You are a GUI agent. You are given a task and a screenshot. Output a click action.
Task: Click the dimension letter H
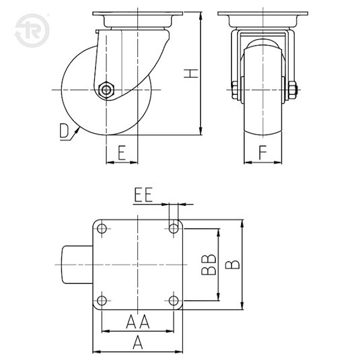pyautogui.click(x=191, y=73)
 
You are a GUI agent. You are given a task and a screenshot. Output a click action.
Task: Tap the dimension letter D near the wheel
pyautogui.click(x=64, y=131)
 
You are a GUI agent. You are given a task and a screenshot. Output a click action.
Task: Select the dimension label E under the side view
pyautogui.click(x=122, y=152)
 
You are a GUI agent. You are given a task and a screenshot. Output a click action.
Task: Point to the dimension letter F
pyautogui.click(x=263, y=152)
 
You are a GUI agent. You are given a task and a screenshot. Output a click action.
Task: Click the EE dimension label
pyautogui.click(x=143, y=195)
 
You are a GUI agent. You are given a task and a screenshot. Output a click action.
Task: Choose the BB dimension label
pyautogui.click(x=209, y=265)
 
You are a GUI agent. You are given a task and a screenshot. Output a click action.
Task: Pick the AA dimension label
pyautogui.click(x=138, y=322)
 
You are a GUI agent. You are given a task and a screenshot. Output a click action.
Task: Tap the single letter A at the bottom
pyautogui.click(x=138, y=343)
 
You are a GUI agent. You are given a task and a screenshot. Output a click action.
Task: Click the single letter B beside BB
pyautogui.click(x=232, y=265)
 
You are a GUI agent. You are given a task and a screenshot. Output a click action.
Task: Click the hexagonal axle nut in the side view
pyautogui.click(x=106, y=90)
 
